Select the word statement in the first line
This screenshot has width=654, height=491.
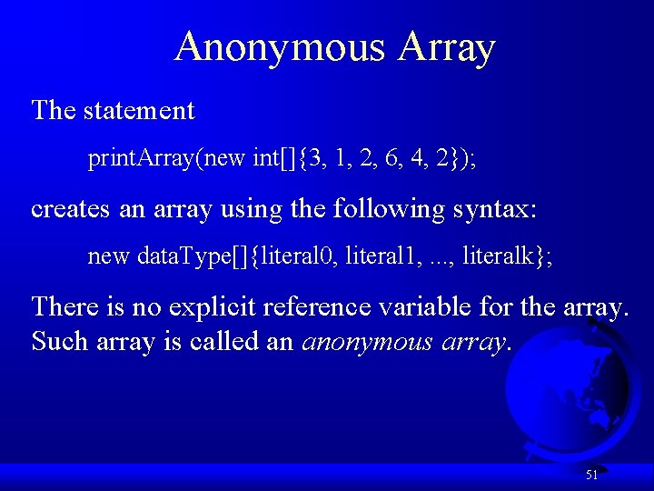click(x=138, y=111)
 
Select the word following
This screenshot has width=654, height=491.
click(x=388, y=208)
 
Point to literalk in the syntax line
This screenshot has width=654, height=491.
click(x=497, y=256)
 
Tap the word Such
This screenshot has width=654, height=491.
click(x=58, y=342)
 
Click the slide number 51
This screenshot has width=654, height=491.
click(x=591, y=474)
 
